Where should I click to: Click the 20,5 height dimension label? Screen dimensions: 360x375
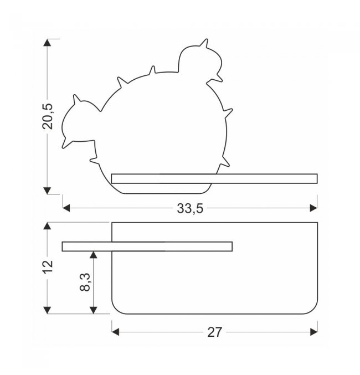point(48,116)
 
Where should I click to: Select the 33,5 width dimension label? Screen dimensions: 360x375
point(190,208)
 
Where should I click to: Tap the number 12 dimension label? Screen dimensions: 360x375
point(48,266)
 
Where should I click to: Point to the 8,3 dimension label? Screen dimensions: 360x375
point(85,282)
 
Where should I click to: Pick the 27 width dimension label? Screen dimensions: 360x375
point(214,332)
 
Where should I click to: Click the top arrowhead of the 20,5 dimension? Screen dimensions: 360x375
point(48,43)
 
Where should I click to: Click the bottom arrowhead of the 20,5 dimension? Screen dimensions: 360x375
point(48,191)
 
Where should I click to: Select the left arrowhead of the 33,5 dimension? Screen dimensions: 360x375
point(66,208)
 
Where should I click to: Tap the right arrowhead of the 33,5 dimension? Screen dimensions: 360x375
point(313,208)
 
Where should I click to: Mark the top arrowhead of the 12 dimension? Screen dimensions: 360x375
point(48,226)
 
